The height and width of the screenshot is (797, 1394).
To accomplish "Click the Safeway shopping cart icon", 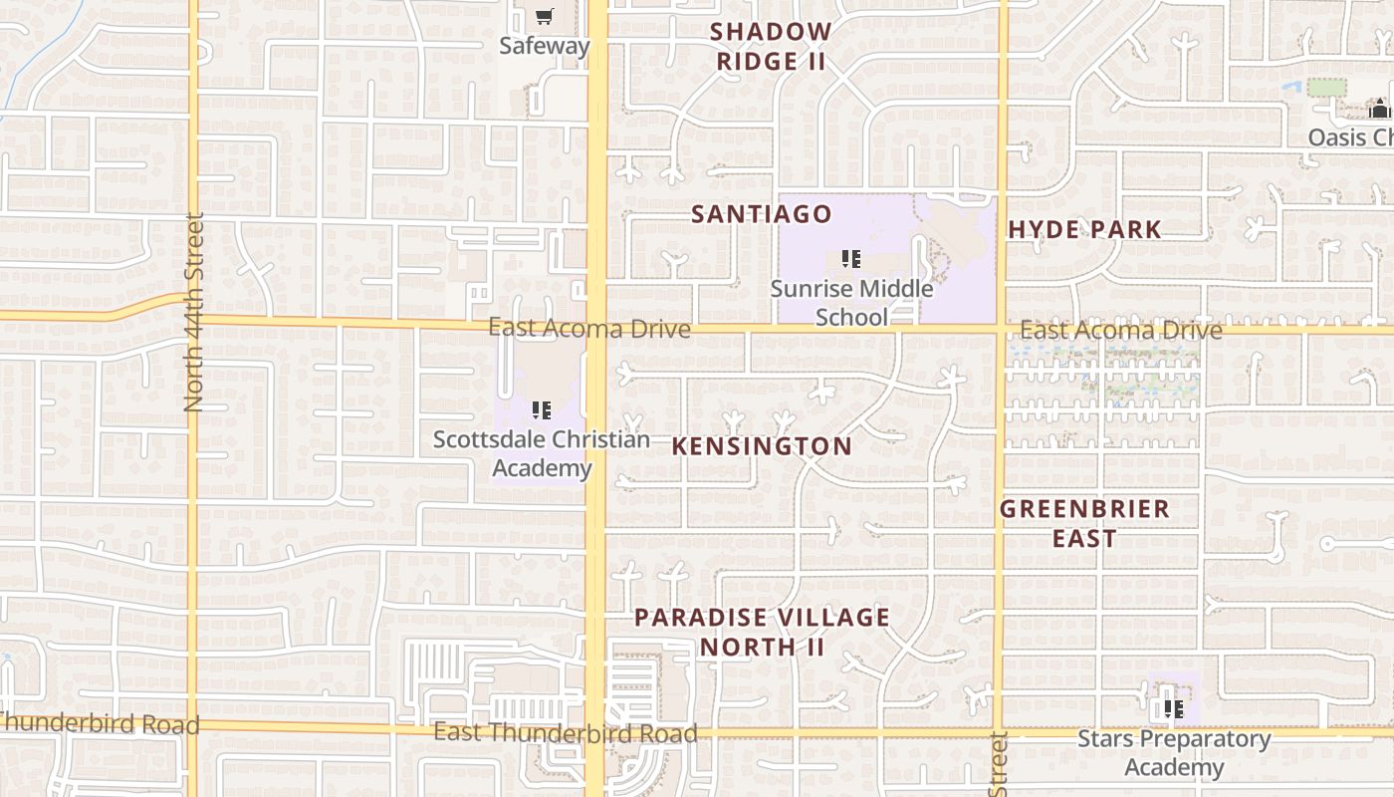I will point(544,16).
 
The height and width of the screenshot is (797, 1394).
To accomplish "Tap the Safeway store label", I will point(545,46).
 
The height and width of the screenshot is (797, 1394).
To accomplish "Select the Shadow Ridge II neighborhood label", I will point(771,47).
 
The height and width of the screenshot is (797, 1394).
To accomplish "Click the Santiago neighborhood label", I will point(762,214).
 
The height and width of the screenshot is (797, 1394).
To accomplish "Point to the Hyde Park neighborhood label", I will point(1084,230).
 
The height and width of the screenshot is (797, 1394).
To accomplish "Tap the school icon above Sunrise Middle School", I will point(851,260).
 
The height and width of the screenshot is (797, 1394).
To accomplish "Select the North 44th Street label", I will point(194,312).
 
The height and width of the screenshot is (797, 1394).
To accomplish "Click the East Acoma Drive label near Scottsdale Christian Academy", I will point(589,329).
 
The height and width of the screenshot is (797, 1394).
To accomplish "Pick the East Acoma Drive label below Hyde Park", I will point(1121,330).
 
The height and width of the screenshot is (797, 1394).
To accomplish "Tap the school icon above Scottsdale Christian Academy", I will point(542,409).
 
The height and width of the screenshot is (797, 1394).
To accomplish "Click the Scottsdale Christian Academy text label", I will point(542,453).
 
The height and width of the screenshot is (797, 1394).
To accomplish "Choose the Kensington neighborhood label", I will point(762,446).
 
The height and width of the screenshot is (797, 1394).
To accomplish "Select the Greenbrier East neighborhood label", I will point(1084,524).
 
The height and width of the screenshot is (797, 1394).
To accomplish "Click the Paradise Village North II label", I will point(762,632).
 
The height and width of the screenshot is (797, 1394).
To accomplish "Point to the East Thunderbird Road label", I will point(566,734).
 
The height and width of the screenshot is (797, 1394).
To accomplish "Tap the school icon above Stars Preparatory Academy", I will point(1174,709).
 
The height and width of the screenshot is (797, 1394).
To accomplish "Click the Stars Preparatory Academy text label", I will point(1174,753).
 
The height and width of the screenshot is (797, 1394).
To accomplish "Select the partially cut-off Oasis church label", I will point(1350,137).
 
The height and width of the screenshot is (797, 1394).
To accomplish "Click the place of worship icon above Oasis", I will point(1381,109).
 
